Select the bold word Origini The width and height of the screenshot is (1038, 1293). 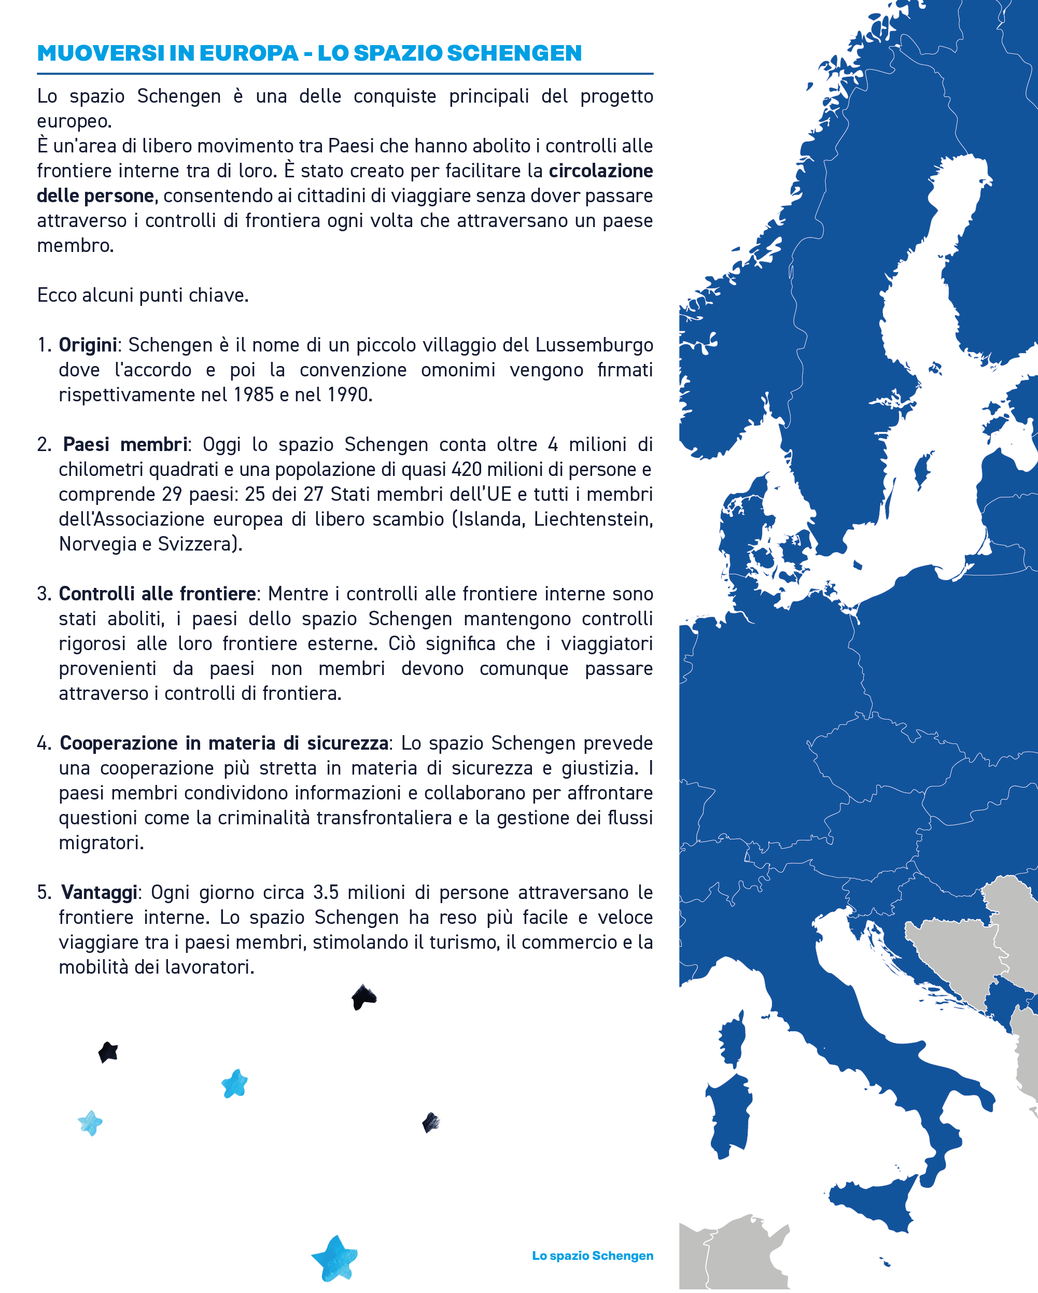pos(88,345)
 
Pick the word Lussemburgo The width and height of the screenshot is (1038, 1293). pos(594,345)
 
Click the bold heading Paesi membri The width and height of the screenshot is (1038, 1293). pos(125,444)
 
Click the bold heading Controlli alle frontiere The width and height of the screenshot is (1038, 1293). pos(157,594)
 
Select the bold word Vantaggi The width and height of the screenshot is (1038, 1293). pos(100,892)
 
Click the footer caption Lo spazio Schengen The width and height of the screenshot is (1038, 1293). pos(592,1255)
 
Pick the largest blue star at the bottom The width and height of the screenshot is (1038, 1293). pos(334,1258)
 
